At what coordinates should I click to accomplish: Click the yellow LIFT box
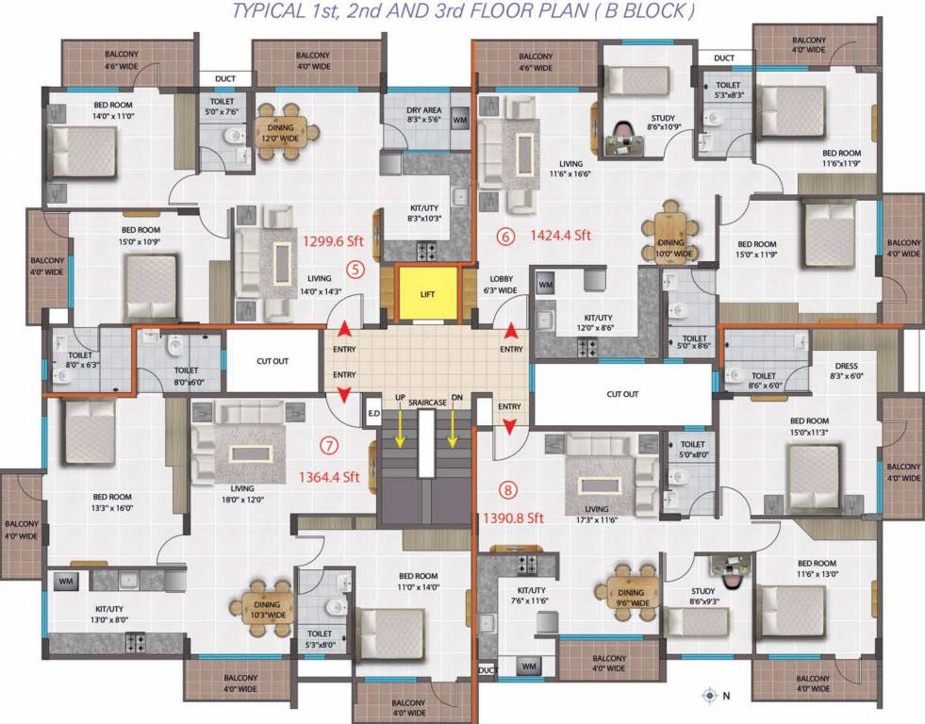tap(428, 295)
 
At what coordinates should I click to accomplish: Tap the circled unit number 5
tap(355, 268)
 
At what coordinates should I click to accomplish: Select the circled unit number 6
tap(506, 237)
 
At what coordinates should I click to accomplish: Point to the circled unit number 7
tap(329, 446)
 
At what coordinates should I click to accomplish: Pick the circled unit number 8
tap(509, 489)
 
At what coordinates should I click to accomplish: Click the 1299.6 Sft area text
tap(333, 240)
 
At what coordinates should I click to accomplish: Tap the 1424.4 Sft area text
tap(560, 236)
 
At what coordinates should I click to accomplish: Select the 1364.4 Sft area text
tap(329, 477)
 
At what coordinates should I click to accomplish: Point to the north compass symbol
tap(710, 697)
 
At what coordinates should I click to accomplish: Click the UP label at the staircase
tap(400, 399)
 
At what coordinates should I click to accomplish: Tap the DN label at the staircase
tap(457, 399)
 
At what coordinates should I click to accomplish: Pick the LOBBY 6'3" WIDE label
tap(501, 285)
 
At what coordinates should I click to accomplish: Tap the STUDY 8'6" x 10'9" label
tap(664, 123)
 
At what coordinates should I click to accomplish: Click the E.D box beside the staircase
tap(373, 411)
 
